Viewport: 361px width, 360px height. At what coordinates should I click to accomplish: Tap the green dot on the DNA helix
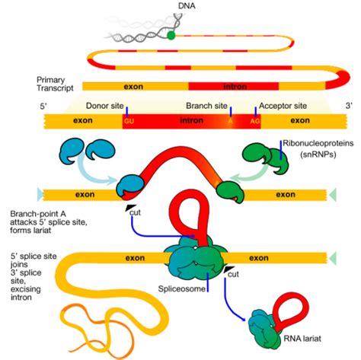click(172, 34)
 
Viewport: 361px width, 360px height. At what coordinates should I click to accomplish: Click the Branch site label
click(206, 106)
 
